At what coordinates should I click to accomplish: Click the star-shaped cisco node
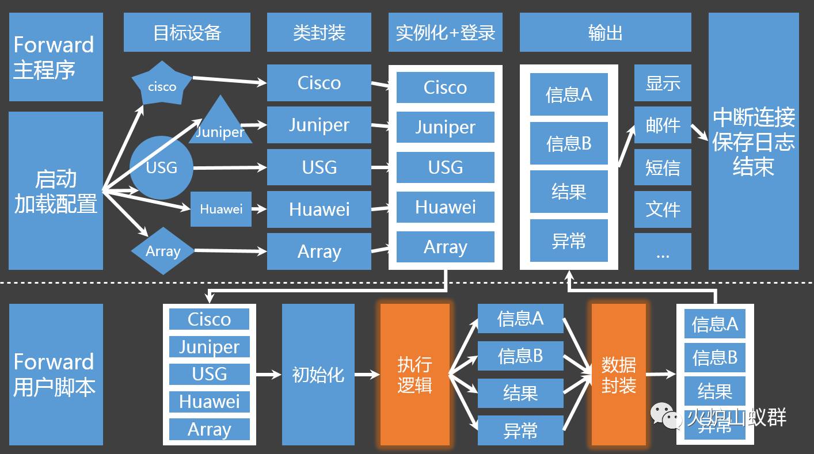[162, 85]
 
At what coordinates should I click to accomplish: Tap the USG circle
[161, 167]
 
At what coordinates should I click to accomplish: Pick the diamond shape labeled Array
[163, 251]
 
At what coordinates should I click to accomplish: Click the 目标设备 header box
[187, 33]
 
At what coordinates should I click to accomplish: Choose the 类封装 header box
[319, 33]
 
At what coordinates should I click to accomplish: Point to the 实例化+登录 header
[445, 33]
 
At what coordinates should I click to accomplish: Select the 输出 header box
[605, 33]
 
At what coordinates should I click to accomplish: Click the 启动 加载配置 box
[56, 190]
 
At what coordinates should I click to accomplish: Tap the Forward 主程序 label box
[56, 57]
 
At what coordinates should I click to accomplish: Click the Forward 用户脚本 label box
[56, 374]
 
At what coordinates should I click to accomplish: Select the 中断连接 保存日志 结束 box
[754, 142]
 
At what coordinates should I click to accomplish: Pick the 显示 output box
[663, 83]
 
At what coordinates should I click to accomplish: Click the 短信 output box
[663, 167]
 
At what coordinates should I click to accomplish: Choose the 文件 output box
[663, 209]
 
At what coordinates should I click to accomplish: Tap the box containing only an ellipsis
[663, 251]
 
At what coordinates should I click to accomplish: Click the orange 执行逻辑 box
[414, 374]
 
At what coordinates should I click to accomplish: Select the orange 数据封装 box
[619, 374]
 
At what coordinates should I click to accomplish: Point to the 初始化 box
[318, 374]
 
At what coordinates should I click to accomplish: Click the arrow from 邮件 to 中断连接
[700, 132]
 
